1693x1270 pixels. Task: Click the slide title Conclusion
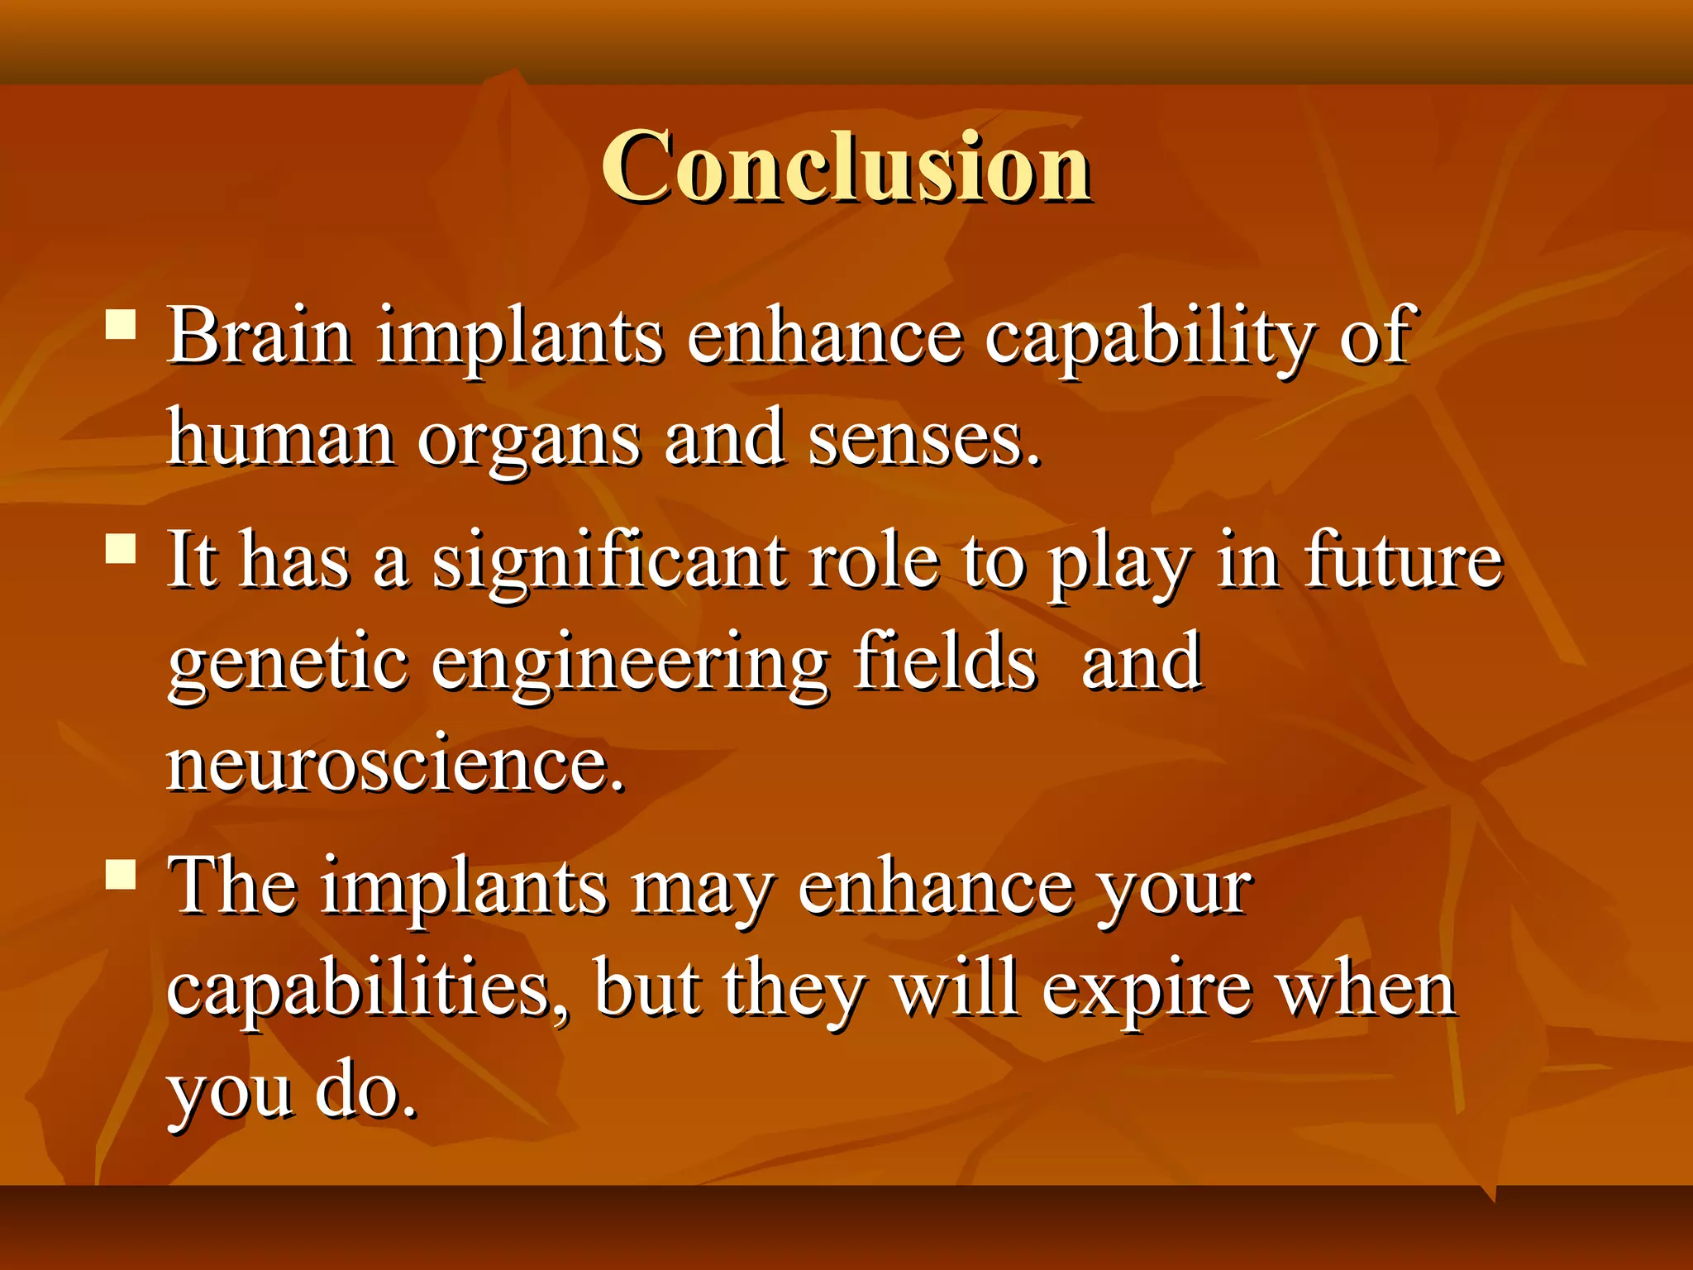tap(846, 168)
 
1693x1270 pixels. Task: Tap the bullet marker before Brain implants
tap(121, 324)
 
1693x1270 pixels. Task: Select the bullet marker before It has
tap(121, 548)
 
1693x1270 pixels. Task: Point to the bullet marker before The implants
tap(121, 873)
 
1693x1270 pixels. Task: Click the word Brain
tap(260, 337)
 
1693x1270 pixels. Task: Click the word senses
tap(923, 440)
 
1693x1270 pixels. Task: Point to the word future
tap(1403, 561)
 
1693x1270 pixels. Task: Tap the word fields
tap(944, 661)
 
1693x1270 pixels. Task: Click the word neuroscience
tap(395, 765)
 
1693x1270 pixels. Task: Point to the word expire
tap(1146, 991)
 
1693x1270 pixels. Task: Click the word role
tap(874, 561)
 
